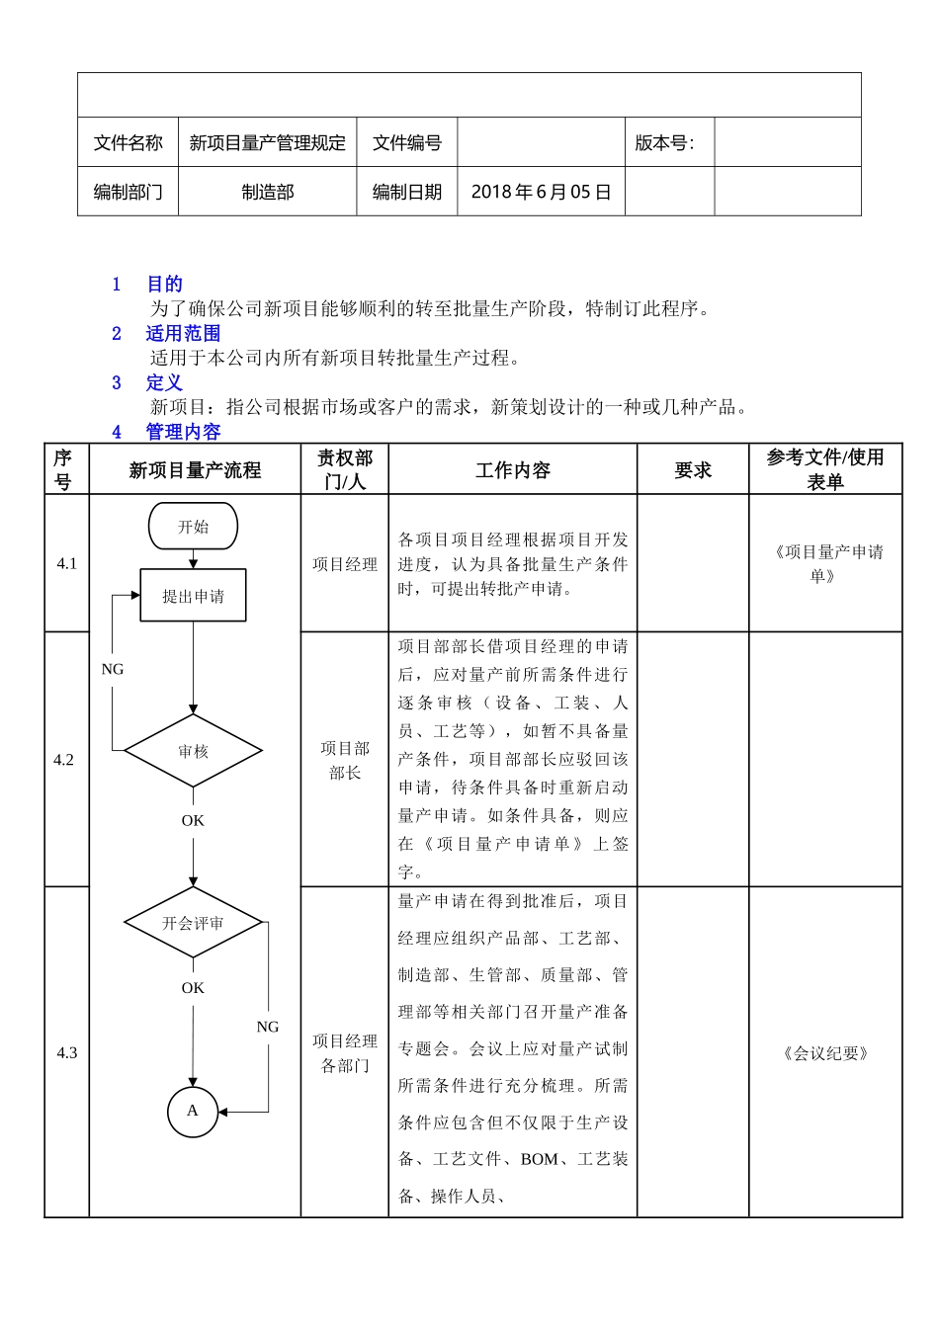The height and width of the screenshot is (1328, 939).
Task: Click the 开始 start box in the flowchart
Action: pos(193,527)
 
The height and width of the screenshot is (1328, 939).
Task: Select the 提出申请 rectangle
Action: pos(193,596)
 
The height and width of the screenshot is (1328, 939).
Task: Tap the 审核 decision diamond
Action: pos(193,752)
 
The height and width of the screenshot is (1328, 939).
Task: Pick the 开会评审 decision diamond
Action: pos(193,923)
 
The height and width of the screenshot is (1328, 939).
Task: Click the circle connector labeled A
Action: pos(193,1111)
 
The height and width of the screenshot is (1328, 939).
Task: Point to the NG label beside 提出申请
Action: pos(113,669)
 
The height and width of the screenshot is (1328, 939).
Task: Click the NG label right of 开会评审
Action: pos(268,1027)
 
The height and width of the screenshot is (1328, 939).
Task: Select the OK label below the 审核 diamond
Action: pos(193,820)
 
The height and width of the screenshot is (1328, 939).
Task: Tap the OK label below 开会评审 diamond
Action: pos(193,987)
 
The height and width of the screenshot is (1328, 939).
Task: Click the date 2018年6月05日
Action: pos(541,192)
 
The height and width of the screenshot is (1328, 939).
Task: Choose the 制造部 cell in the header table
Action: pos(268,192)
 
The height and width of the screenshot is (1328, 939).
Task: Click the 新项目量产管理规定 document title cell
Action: pos(268,143)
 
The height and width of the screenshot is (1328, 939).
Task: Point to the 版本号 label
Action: pos(664,143)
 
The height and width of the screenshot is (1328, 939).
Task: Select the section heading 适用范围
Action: pos(183,333)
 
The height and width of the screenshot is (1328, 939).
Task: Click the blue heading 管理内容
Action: pos(183,432)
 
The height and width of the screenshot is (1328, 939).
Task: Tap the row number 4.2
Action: pos(64,760)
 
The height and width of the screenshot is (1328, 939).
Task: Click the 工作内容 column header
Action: pos(512,470)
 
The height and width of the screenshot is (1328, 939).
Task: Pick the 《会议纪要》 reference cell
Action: pos(825,1053)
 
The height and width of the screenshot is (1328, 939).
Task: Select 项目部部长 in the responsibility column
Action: pos(345,761)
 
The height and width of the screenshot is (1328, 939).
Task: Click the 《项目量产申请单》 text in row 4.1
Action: pos(825,564)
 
